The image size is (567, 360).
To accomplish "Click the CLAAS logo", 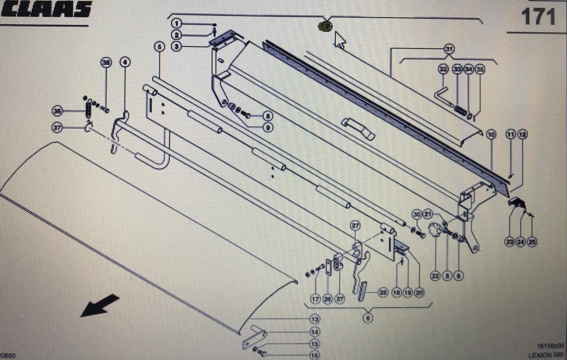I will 46,9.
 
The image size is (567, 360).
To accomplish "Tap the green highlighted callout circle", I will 325,26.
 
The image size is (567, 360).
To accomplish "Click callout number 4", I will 125,62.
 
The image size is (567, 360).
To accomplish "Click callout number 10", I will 492,135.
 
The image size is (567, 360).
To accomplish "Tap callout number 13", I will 314,319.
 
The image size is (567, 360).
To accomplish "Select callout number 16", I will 314,355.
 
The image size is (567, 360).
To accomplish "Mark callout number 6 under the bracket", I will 368,318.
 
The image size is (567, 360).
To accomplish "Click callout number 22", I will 435,275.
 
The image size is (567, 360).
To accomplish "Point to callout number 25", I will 532,241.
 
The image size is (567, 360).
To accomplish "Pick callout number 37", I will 58,128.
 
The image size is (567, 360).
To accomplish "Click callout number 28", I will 383,293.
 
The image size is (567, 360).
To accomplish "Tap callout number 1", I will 177,23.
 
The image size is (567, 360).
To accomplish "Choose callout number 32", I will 443,69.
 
